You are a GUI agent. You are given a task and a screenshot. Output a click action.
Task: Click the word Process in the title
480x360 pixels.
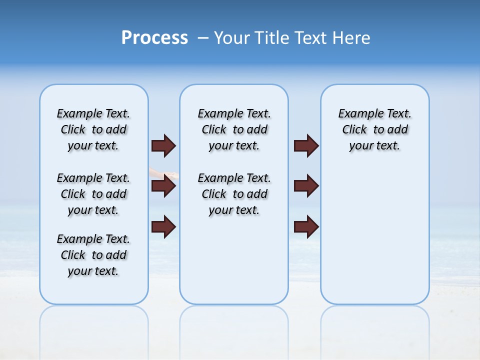[154, 38]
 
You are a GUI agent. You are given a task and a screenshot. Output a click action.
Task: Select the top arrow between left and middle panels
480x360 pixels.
[163, 145]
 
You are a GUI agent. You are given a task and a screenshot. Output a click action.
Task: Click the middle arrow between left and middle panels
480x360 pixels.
[163, 186]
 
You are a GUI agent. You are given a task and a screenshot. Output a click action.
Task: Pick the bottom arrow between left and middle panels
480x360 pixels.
[163, 226]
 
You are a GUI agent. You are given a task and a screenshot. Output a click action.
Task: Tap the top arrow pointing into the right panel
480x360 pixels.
[306, 145]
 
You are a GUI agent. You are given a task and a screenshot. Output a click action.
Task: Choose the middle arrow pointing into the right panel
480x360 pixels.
[306, 186]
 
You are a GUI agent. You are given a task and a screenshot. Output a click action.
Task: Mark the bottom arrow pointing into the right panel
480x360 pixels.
[306, 226]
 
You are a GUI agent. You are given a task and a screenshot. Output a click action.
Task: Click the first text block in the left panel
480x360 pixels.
[93, 129]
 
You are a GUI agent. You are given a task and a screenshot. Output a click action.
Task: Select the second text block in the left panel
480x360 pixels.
[93, 194]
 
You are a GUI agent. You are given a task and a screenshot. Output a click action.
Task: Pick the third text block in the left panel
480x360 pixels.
[93, 255]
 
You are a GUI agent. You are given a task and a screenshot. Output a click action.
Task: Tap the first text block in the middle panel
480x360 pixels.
[234, 129]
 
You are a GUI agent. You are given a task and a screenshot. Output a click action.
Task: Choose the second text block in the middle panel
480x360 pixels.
[234, 194]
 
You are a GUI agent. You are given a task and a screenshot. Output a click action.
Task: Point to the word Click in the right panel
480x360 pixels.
[354, 130]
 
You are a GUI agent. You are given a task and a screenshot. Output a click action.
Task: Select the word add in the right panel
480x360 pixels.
[397, 130]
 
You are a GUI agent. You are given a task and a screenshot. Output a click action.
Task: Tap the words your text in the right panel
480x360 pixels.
[374, 146]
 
